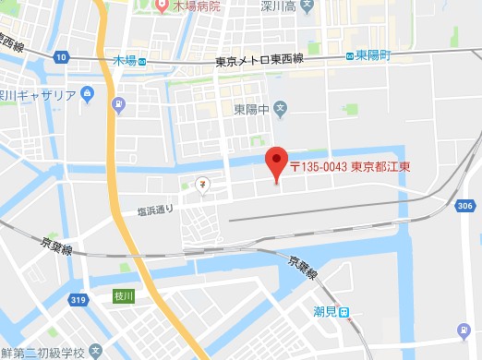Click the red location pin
coord(276,162)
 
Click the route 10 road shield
coord(62,57)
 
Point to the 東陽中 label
coord(251,109)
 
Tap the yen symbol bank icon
coord(201,184)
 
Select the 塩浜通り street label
coord(155,210)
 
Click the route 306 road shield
coord(464,205)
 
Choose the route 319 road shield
coord(80,299)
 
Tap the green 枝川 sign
coord(124,295)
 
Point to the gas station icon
coord(464,331)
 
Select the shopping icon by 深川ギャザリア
coord(88,94)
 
